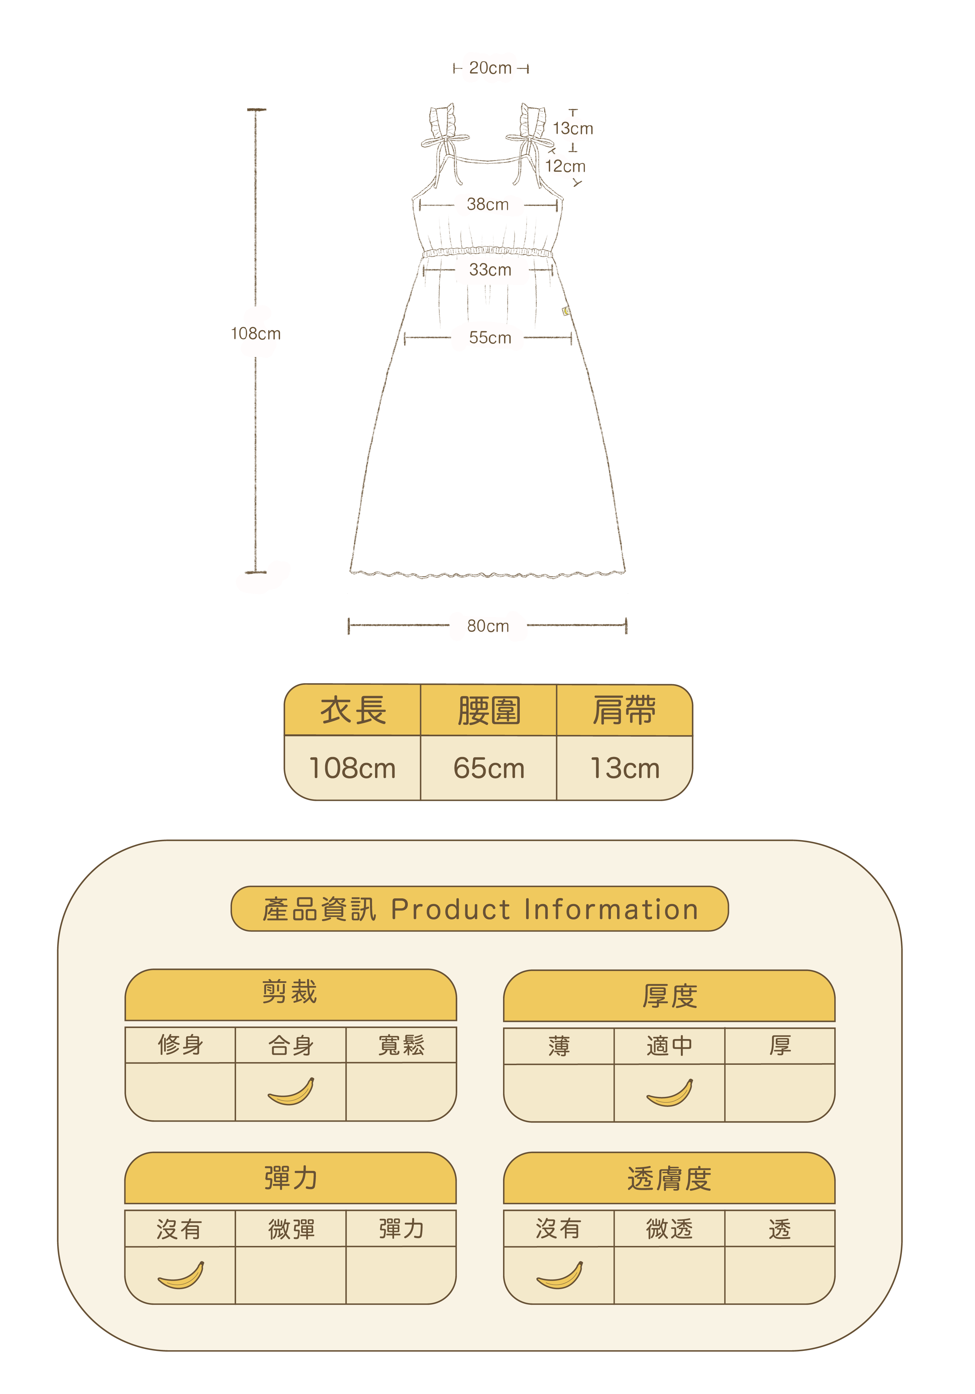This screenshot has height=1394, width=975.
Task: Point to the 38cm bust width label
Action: (487, 205)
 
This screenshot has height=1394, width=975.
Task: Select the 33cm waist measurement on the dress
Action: (490, 270)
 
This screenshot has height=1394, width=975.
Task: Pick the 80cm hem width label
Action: (487, 626)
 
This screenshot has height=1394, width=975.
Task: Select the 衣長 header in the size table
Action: (353, 710)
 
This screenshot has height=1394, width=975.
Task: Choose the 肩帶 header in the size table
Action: (624, 710)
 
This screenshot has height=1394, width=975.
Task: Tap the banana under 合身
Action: (291, 1092)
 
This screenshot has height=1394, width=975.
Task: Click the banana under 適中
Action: (669, 1093)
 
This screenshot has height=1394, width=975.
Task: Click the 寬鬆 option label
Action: (401, 1045)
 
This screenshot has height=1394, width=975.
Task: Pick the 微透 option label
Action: (669, 1229)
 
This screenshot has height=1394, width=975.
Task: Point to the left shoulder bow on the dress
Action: (445, 141)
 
